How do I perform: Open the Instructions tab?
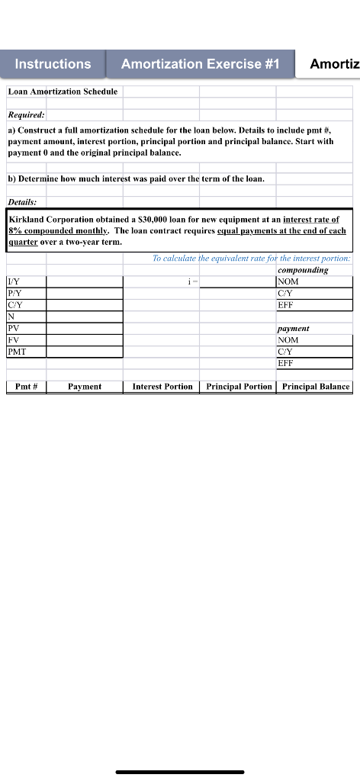pyautogui.click(x=53, y=64)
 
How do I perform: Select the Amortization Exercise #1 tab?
pyautogui.click(x=201, y=64)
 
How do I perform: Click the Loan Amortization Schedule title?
pyautogui.click(x=63, y=92)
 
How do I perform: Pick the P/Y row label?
pyautogui.click(x=14, y=293)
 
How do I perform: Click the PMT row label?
pyautogui.click(x=18, y=352)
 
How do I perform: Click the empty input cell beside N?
pyautogui.click(x=84, y=317)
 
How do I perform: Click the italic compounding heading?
pyautogui.click(x=304, y=270)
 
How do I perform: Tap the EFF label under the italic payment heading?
pyautogui.click(x=287, y=364)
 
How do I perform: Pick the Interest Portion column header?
pyautogui.click(x=162, y=387)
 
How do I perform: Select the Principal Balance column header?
pyautogui.click(x=315, y=387)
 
